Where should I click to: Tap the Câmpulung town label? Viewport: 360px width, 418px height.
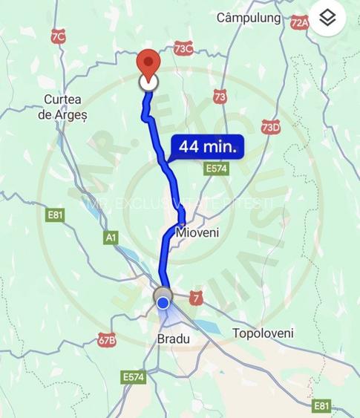[249, 17]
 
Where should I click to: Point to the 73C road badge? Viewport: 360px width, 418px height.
[183, 48]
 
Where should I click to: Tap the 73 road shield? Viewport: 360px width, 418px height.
[219, 96]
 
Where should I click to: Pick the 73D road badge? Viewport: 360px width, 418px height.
[272, 127]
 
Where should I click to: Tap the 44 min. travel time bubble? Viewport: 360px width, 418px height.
[207, 147]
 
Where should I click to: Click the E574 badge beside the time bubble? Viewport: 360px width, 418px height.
[217, 169]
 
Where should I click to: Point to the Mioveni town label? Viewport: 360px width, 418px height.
[198, 232]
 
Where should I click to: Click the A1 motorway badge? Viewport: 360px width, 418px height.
[111, 237]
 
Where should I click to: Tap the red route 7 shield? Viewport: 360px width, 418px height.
[195, 296]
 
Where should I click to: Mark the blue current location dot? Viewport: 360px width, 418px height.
[163, 302]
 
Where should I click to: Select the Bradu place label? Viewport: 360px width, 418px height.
[174, 339]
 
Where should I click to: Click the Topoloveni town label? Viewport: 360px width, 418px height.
[263, 333]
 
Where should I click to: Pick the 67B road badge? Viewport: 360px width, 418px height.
[107, 341]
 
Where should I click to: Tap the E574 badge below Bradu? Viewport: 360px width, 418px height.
[133, 376]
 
